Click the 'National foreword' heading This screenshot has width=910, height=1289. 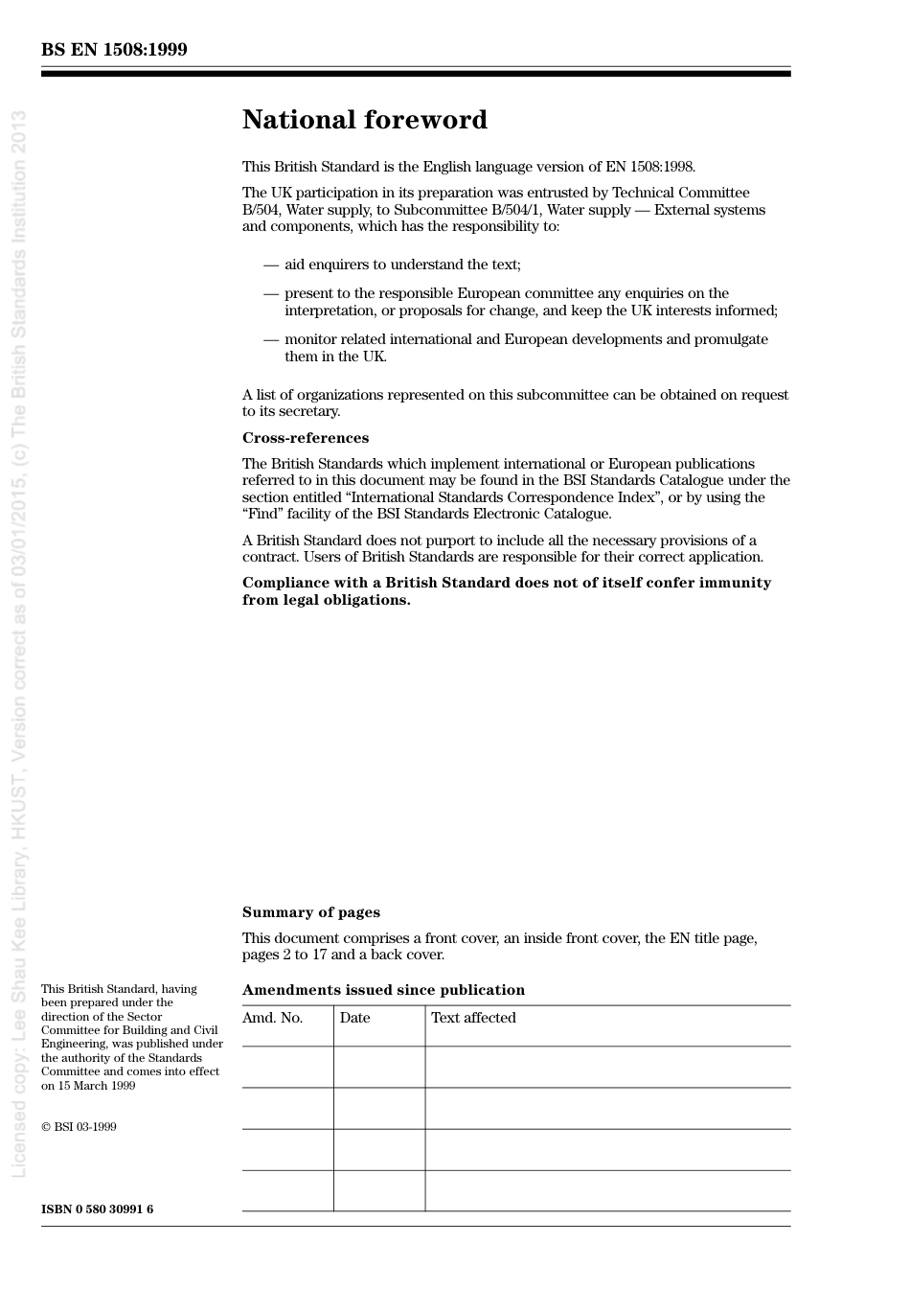pos(364,120)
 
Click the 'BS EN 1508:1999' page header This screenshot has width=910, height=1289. pos(114,50)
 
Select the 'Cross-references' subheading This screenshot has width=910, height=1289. pos(305,438)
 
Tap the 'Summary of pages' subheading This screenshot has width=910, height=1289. pos(310,912)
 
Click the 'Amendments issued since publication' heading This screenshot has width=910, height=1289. pos(383,990)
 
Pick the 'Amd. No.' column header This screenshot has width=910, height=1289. pos(272,1018)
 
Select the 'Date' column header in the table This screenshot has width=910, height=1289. pos(354,1018)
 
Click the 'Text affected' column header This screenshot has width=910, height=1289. pos(473,1018)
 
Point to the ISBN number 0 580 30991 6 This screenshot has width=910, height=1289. pos(97,1209)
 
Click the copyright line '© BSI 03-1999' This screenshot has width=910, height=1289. pos(79,1127)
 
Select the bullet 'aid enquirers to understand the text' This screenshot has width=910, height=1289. pos(402,265)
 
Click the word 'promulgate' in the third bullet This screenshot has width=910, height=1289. pos(733,339)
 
